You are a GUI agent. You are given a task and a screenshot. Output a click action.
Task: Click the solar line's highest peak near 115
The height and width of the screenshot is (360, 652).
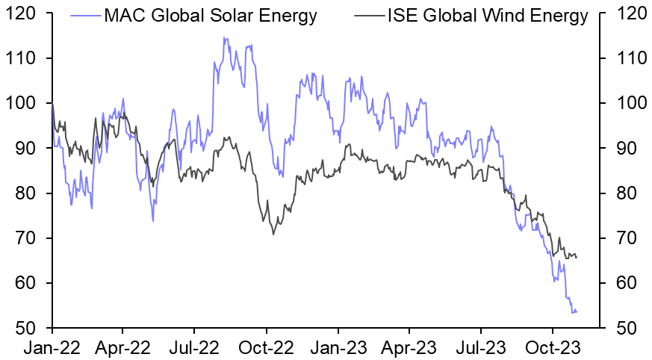point(225,38)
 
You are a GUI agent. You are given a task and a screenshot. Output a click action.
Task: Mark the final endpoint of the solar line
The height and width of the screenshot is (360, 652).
point(577,311)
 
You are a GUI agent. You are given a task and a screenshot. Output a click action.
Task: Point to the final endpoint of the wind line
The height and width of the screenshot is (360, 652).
point(577,257)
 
